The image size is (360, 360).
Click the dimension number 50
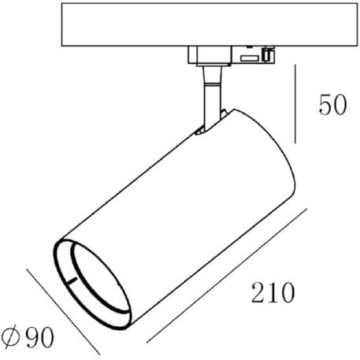[332, 105]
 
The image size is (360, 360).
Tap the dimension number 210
[273, 292]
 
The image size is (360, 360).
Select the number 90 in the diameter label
[40, 337]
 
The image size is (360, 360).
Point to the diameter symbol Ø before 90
[11, 336]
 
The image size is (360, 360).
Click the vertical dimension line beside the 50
[295, 104]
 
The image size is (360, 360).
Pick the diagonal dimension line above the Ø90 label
[63, 312]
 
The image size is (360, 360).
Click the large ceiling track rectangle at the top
[210, 24]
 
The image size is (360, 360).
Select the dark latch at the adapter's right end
[267, 54]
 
